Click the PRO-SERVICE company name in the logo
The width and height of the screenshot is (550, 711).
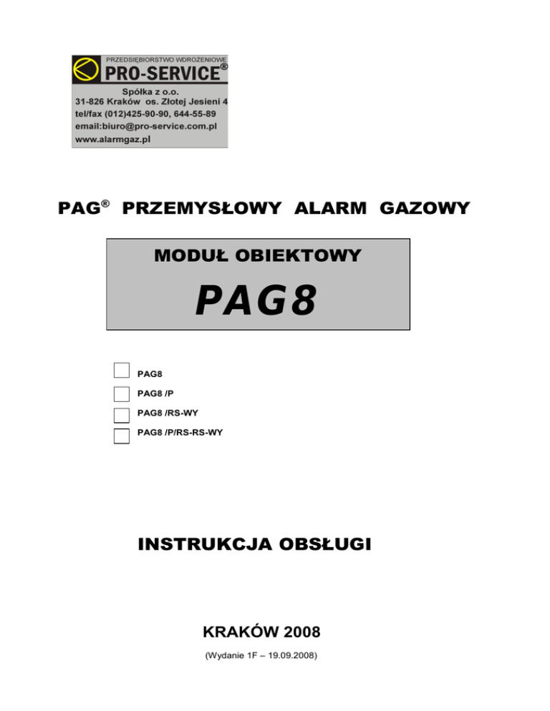[163, 73]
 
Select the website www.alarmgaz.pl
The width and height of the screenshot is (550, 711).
[112, 139]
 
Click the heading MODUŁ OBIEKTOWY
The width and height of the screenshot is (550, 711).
[258, 255]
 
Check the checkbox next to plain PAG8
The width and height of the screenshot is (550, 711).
[122, 370]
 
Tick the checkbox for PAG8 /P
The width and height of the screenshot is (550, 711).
[122, 393]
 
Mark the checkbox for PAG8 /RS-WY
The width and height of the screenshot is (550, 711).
[122, 414]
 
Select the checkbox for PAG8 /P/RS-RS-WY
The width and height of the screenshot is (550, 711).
[122, 436]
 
